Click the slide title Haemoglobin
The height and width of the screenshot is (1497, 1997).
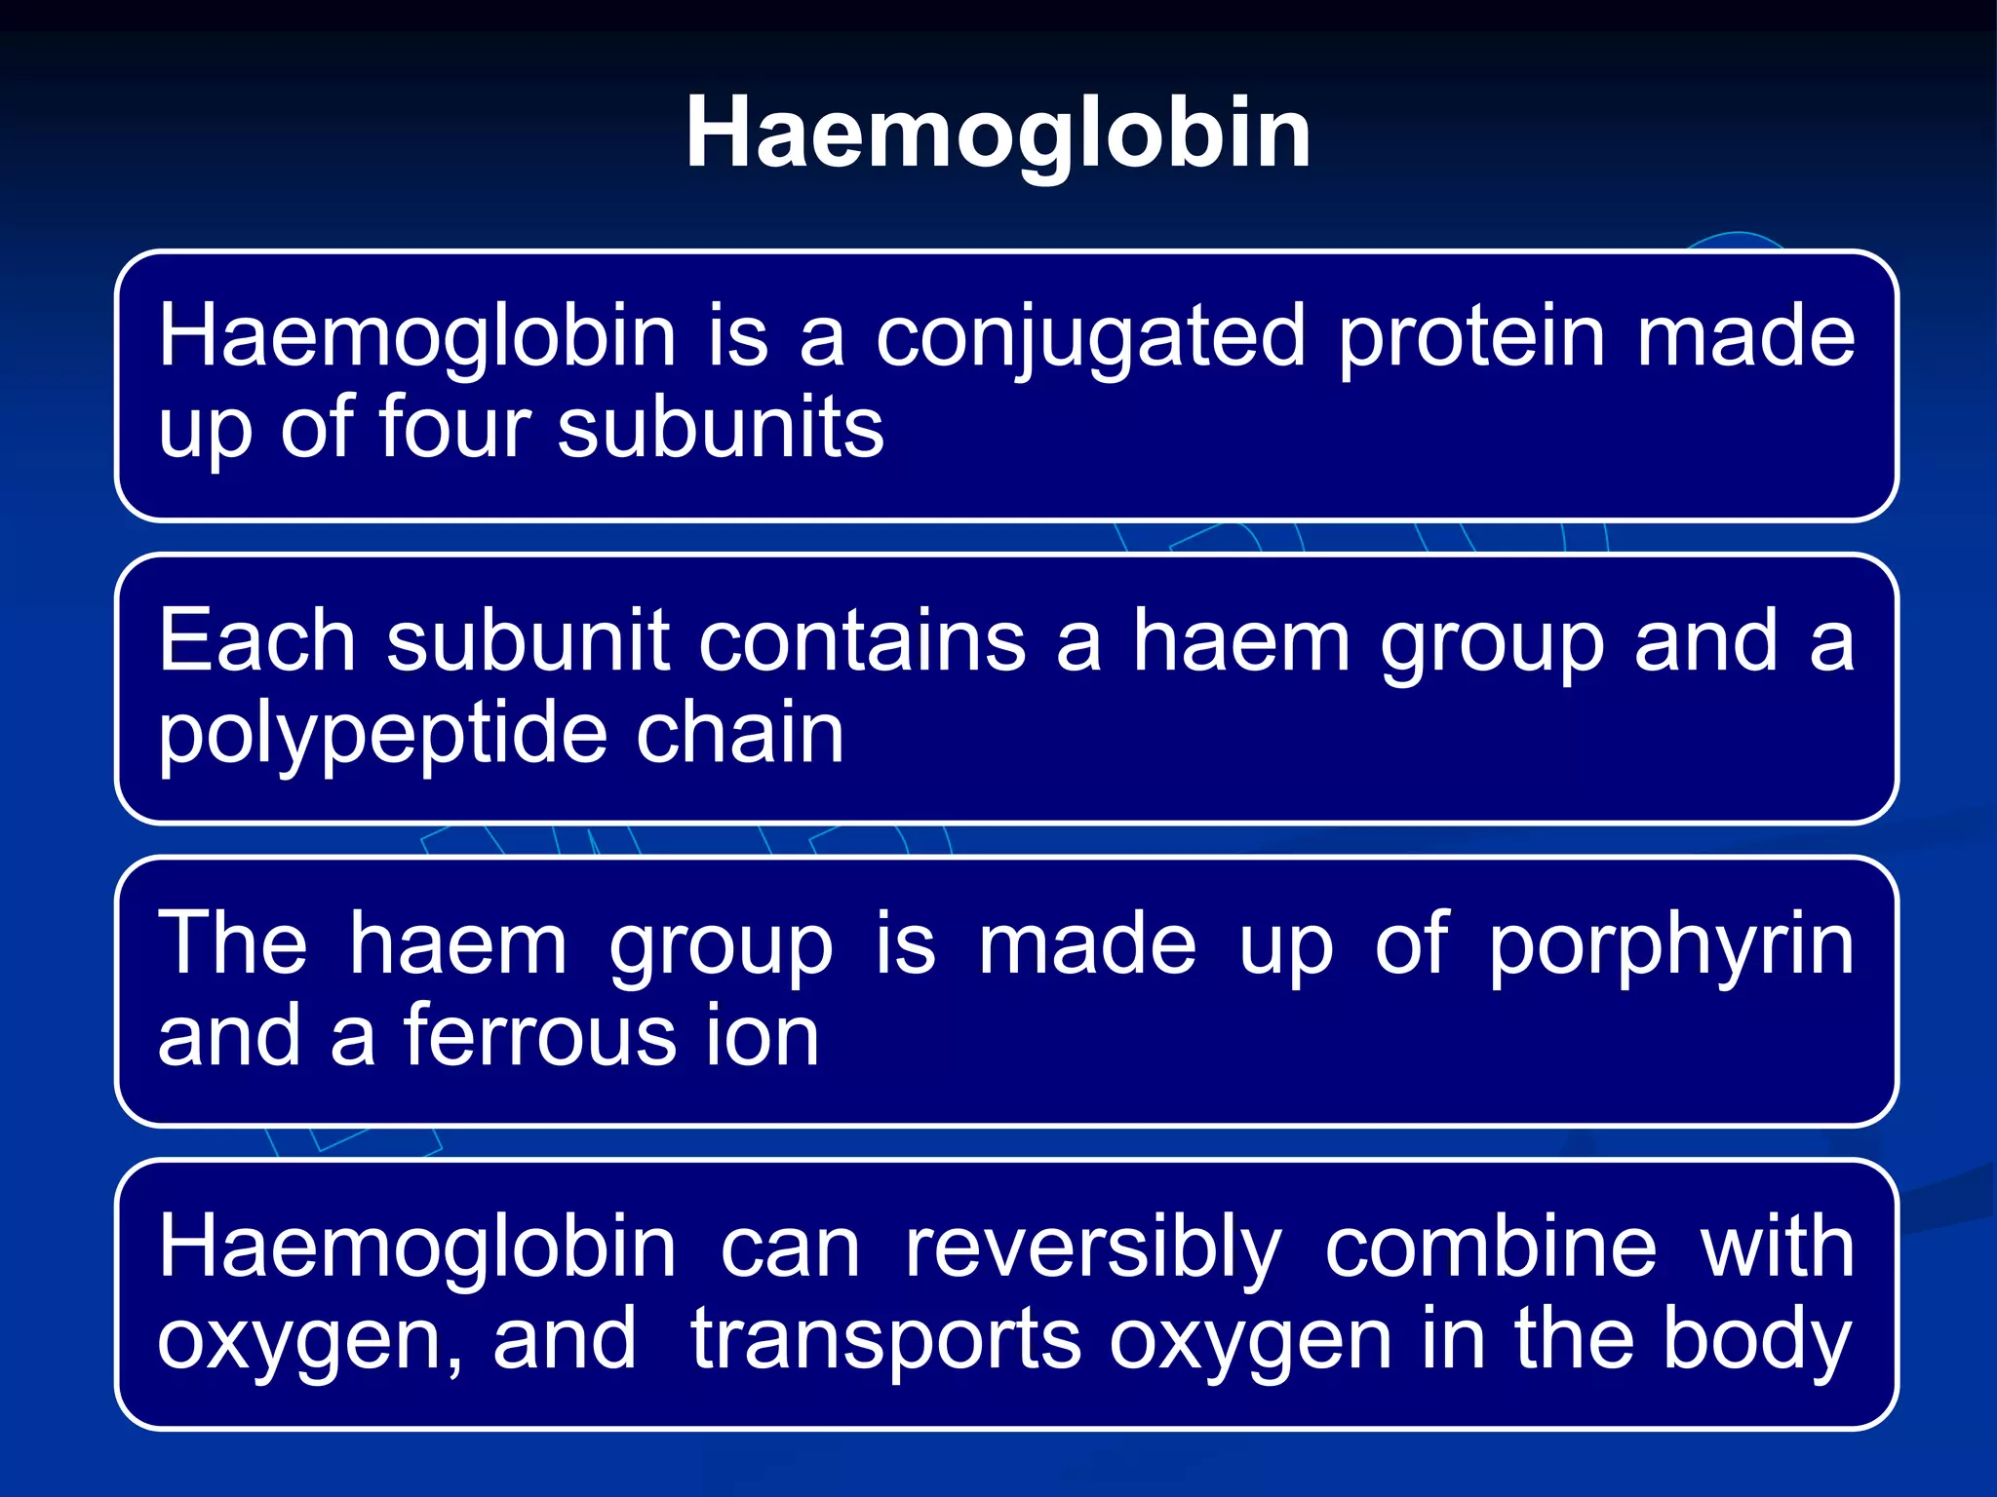click(x=998, y=134)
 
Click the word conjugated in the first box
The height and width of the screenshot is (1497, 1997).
click(x=1089, y=339)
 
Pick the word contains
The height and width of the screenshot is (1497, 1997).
click(x=862, y=641)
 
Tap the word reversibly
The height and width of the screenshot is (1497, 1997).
click(x=1092, y=1249)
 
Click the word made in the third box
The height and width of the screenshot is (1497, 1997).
click(x=1087, y=943)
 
